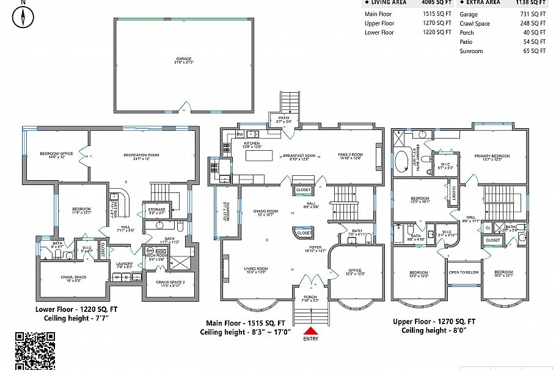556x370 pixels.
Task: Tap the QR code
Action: tap(35, 350)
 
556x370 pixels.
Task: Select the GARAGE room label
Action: tap(183, 60)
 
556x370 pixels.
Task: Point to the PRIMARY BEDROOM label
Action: tap(491, 157)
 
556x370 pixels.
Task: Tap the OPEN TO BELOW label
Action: tap(464, 272)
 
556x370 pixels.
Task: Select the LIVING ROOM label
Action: tap(255, 270)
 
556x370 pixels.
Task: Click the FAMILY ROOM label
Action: tap(351, 156)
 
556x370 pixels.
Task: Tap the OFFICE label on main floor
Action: tap(355, 272)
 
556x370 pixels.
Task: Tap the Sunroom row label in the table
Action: tap(471, 51)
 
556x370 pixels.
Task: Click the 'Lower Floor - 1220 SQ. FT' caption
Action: tap(76, 310)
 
